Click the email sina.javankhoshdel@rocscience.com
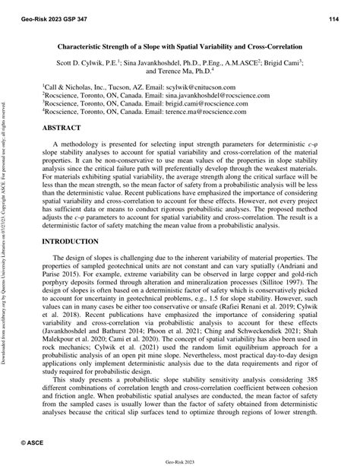coord(231,97)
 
